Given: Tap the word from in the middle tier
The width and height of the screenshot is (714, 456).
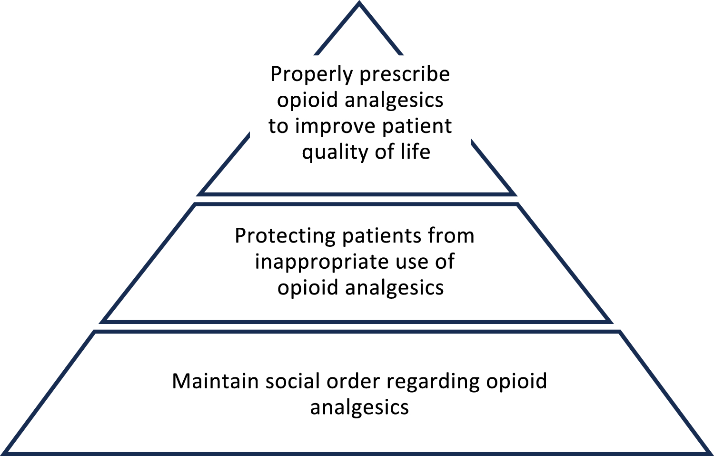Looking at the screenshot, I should pyautogui.click(x=451, y=236).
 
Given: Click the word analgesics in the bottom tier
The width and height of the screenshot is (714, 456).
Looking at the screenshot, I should pyautogui.click(x=359, y=408).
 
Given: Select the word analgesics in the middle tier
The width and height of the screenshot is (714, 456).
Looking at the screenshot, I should pyautogui.click(x=394, y=288).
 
